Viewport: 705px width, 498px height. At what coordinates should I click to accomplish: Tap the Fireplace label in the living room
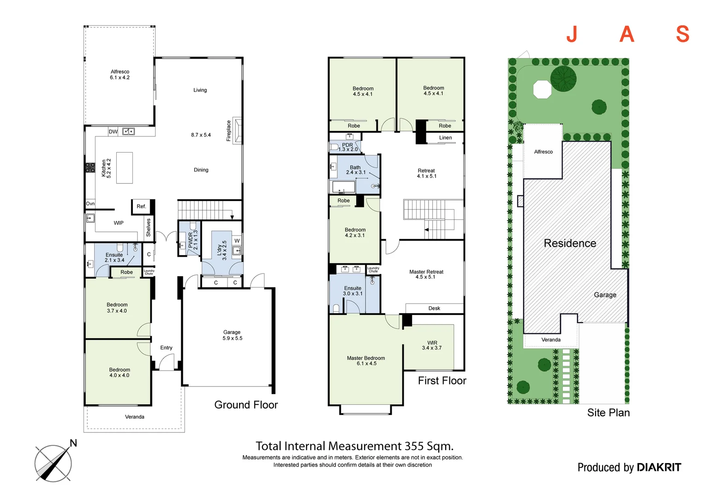[x=228, y=130]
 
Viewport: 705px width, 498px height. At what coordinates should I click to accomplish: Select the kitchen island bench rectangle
[x=125, y=168]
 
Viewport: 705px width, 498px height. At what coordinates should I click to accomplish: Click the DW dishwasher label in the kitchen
[x=113, y=132]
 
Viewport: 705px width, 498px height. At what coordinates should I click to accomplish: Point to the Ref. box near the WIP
[x=141, y=207]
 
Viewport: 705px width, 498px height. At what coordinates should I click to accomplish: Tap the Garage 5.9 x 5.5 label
[x=232, y=335]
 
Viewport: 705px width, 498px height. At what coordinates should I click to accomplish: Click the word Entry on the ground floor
[x=166, y=348]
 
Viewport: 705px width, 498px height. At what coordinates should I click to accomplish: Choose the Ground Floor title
[x=246, y=405]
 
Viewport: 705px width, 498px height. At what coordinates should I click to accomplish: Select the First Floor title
[x=442, y=381]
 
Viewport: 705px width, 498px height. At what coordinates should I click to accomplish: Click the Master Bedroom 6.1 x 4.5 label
[x=366, y=361]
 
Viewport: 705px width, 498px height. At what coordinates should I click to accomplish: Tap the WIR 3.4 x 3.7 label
[x=432, y=345]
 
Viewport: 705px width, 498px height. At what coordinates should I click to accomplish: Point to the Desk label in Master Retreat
[x=434, y=308]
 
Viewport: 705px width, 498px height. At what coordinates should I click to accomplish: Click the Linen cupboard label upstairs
[x=445, y=138]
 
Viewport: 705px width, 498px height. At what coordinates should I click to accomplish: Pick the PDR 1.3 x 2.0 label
[x=348, y=147]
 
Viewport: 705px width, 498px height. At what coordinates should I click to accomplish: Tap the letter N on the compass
[x=73, y=444]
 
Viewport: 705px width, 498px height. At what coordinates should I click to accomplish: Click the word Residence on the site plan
[x=570, y=243]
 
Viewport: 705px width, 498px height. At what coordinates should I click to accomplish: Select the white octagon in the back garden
[x=542, y=89]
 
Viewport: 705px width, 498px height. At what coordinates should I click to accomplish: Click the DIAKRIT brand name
[x=658, y=468]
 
